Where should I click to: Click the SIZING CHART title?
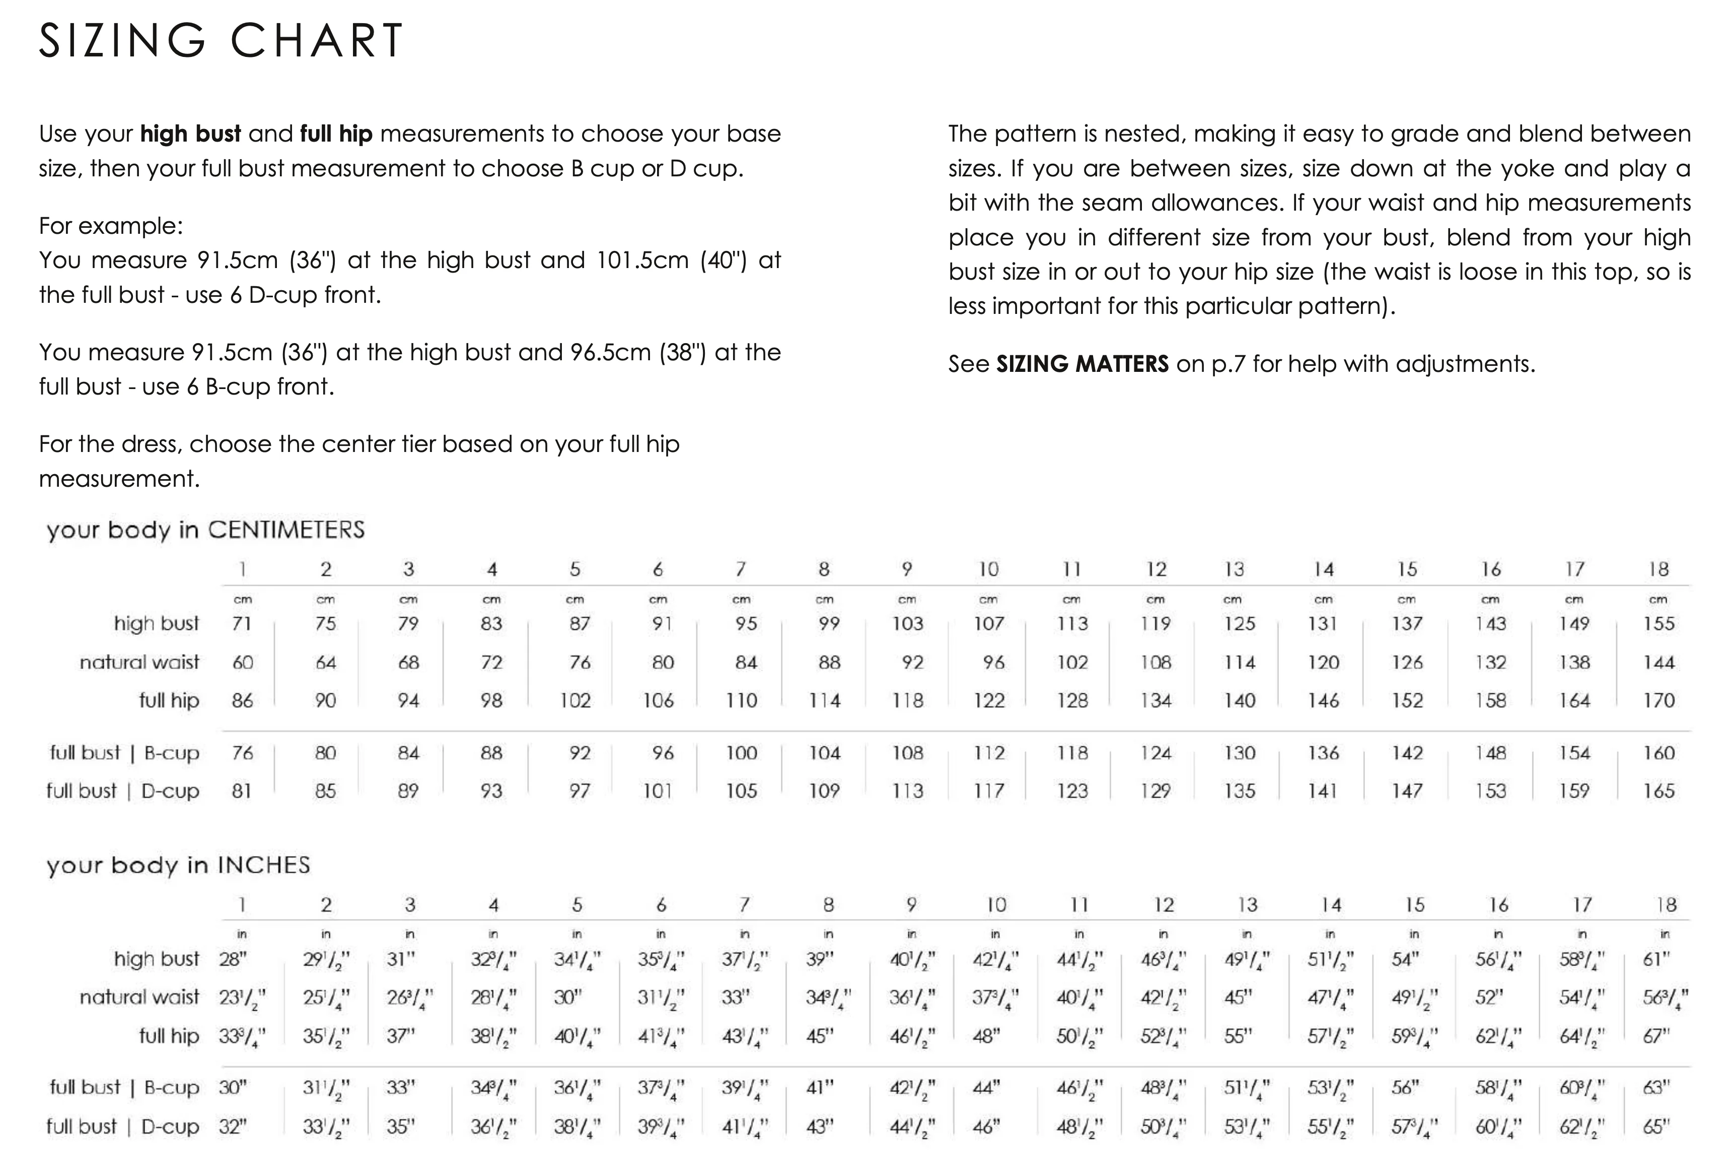pos(221,40)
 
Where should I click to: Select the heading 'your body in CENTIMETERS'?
pos(205,530)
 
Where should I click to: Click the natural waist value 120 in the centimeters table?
pos(1323,662)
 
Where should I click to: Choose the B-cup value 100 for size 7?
pos(742,753)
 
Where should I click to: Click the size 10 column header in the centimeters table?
pos(988,570)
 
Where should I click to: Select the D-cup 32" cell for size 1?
pos(232,1127)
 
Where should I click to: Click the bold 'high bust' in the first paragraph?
pos(190,134)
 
